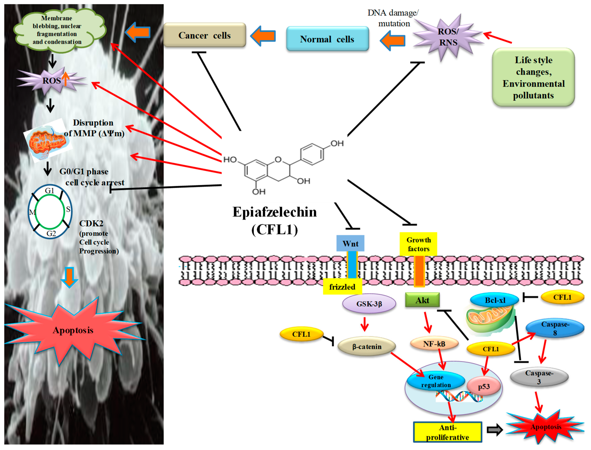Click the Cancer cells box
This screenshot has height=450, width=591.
tap(205, 35)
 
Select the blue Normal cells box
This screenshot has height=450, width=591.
tap(328, 39)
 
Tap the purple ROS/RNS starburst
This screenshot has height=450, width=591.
tap(448, 37)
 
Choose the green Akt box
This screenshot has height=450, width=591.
tap(422, 300)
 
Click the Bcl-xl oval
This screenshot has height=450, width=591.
tap(495, 300)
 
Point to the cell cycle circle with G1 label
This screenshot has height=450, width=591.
tap(50, 212)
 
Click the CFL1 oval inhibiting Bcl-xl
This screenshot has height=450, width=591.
tap(562, 297)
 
